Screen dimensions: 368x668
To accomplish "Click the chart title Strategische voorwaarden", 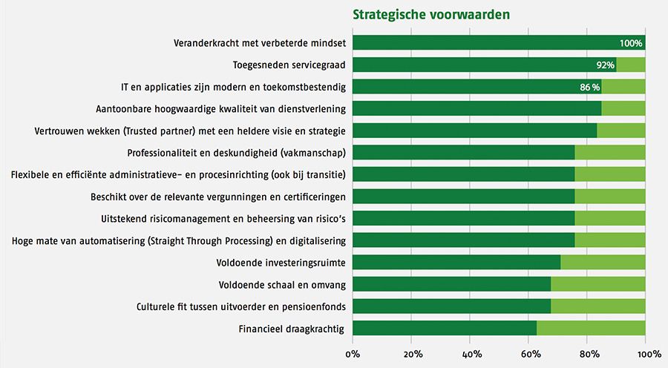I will point(430,14).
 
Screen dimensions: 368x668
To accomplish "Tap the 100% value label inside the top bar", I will point(631,43).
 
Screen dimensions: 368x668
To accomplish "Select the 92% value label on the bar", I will point(606,65).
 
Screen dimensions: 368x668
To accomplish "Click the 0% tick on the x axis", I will point(353,354).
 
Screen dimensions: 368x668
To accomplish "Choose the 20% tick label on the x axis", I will point(413,354).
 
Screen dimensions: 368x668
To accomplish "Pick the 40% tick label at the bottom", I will point(471,354).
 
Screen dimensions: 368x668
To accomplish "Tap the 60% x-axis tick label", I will point(530,354).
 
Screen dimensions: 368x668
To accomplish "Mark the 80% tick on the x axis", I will point(588,354).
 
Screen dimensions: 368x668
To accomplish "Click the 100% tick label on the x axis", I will point(645,354).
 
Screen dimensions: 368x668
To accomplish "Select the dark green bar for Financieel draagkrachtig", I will point(445,328).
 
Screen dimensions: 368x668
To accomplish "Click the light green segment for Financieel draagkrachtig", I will point(591,328).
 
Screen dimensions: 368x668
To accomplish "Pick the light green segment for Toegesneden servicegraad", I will point(631,65).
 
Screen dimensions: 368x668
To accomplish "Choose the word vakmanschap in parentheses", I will point(315,153).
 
